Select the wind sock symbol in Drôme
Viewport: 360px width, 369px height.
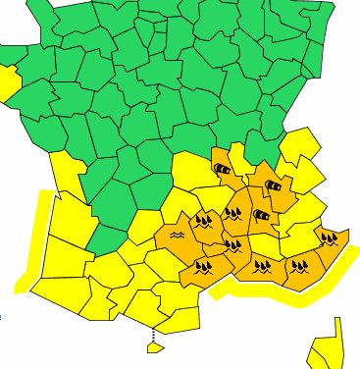point(261,214)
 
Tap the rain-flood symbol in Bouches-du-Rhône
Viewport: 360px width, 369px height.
point(263,264)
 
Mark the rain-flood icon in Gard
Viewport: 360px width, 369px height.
point(233,244)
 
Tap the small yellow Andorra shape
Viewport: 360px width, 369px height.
point(152,346)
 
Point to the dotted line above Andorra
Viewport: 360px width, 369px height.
point(152,338)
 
